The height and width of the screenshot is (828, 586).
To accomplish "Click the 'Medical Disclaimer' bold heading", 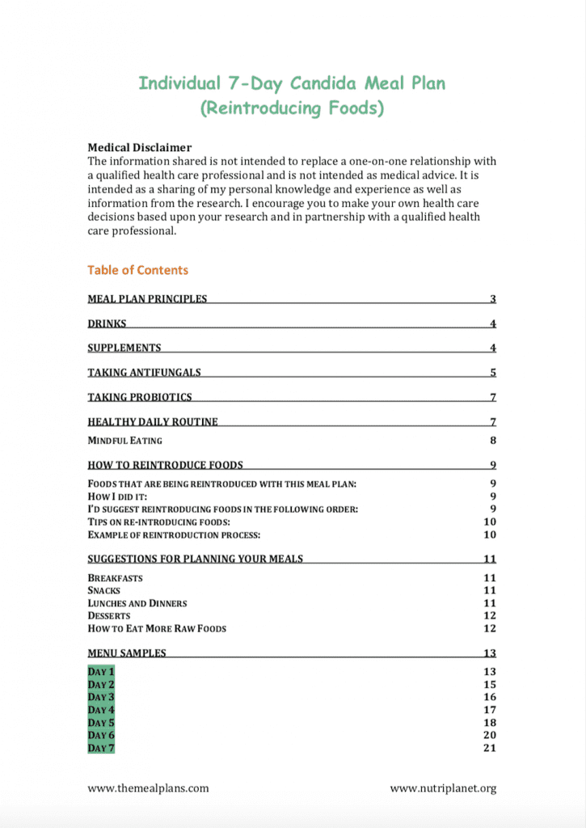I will [139, 148].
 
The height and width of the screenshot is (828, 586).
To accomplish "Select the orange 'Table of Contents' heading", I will [137, 270].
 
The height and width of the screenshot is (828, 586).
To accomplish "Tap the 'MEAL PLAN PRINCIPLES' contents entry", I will [147, 299].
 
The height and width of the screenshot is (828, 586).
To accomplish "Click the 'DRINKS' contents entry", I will [107, 324].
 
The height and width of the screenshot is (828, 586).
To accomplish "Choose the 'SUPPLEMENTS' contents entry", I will [124, 349].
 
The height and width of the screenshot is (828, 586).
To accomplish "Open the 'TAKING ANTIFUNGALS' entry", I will [144, 373].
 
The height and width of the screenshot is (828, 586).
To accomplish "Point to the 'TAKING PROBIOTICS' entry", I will [140, 397].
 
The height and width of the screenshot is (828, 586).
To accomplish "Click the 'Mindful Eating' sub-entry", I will [124, 441].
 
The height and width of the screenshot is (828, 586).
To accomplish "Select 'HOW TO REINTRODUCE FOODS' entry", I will [165, 465].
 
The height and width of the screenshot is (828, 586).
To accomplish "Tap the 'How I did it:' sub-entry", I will [117, 496].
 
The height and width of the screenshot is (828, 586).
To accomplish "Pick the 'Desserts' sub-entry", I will [108, 616].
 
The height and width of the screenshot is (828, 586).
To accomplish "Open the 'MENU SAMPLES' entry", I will [127, 653].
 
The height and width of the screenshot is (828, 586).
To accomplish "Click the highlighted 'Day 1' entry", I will [101, 672].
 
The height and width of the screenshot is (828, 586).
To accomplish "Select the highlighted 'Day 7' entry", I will [101, 748].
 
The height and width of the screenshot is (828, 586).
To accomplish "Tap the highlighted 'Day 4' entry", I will [101, 710].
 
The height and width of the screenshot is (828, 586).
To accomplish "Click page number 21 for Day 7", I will [489, 748].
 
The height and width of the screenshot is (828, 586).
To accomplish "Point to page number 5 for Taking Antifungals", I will [492, 373].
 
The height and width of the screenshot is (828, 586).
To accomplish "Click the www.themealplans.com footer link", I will [148, 788].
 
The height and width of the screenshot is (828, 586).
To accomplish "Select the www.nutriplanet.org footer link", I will [443, 788].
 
